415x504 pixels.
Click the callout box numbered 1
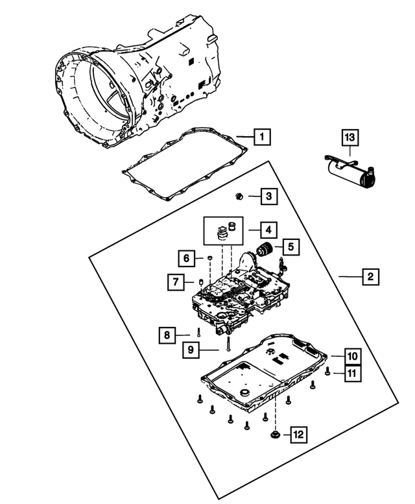(x=261, y=137)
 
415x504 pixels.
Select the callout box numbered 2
(x=370, y=277)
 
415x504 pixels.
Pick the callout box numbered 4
(x=267, y=229)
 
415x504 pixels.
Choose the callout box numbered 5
(x=290, y=246)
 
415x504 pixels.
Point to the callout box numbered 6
(x=185, y=259)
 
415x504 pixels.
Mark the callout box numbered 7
(x=175, y=282)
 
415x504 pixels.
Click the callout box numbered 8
(x=167, y=335)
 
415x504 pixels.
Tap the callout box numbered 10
(x=351, y=356)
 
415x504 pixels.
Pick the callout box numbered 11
(x=351, y=372)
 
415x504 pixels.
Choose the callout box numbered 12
(x=298, y=434)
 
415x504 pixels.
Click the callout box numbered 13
(x=350, y=137)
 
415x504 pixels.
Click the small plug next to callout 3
(x=239, y=195)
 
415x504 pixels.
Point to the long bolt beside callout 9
(x=229, y=343)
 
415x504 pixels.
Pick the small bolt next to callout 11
(x=329, y=372)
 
